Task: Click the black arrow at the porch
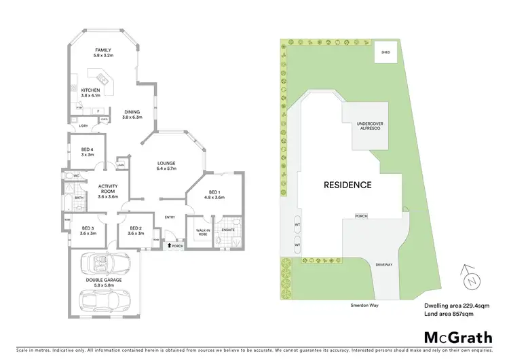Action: [170, 246]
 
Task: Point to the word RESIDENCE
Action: [347, 185]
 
